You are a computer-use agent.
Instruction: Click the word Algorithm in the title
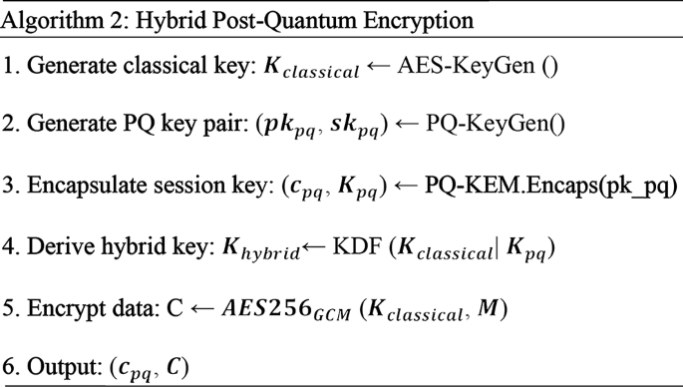(x=50, y=19)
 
